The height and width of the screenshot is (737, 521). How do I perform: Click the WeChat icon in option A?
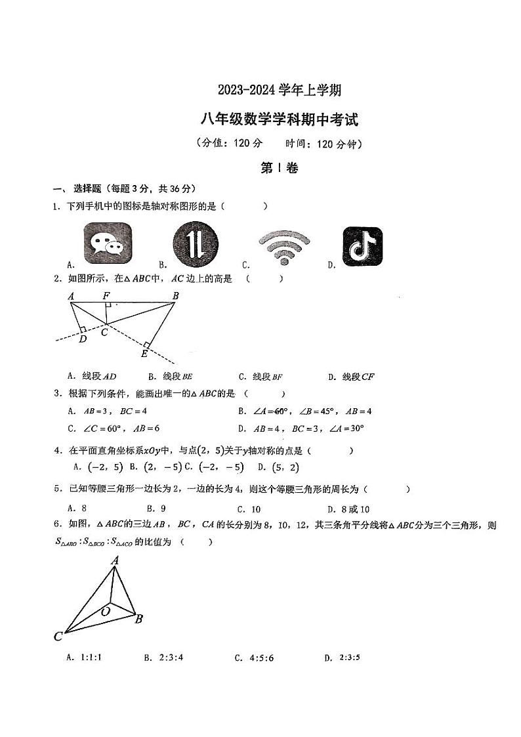coord(108,243)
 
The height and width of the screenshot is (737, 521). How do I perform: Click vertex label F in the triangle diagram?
coord(106,297)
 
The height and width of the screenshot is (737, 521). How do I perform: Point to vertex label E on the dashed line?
coord(144,354)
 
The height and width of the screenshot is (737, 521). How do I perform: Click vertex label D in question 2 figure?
coord(83,339)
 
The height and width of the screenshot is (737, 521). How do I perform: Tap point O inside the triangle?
coord(105,611)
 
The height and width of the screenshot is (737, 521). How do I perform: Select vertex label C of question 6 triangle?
coord(58,636)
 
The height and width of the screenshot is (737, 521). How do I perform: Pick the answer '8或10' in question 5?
coord(354,509)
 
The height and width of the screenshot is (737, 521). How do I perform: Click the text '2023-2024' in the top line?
coord(245,90)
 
